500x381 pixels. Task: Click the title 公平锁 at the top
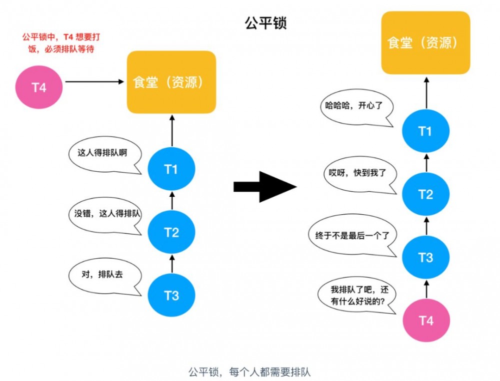click(265, 23)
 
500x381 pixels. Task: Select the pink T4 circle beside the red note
click(39, 87)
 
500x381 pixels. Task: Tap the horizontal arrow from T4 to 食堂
click(94, 81)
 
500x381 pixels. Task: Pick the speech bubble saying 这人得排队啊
click(102, 153)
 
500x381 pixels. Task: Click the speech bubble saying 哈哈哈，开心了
click(355, 106)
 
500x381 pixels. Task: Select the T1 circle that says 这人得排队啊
click(171, 169)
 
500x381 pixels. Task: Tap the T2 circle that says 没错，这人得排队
click(171, 232)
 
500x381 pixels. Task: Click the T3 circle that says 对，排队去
click(171, 296)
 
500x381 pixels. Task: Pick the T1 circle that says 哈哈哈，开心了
click(425, 131)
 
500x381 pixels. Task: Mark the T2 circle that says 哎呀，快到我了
click(425, 194)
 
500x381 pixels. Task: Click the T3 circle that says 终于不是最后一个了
click(425, 258)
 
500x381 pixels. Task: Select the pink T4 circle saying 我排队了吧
click(425, 321)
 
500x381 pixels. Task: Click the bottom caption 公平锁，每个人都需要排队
click(249, 372)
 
